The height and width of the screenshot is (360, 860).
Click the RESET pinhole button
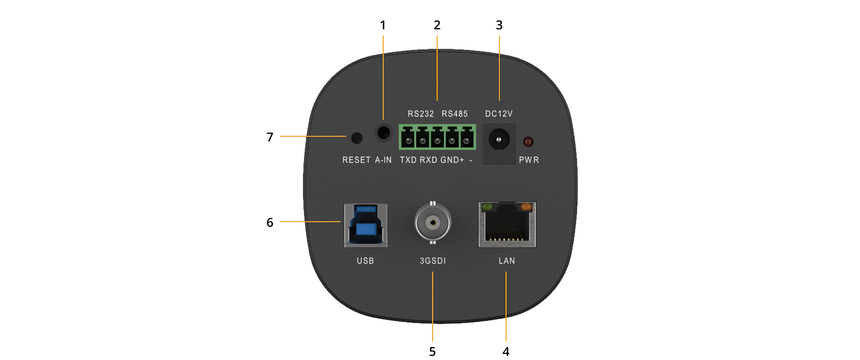pos(356,138)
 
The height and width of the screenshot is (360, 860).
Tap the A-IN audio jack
pos(383,132)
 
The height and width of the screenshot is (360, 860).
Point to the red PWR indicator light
pos(528,141)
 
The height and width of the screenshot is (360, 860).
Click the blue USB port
pos(365,224)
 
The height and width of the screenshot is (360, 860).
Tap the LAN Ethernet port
pos(507,225)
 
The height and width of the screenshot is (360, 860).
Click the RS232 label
pos(421,114)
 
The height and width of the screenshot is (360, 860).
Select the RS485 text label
pos(455,114)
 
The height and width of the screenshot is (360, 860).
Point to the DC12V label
pos(499,114)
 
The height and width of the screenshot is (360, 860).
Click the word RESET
pos(356,160)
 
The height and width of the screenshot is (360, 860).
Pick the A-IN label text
pos(383,160)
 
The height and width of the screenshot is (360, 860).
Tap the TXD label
pos(408,160)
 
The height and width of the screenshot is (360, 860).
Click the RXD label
pos(428,160)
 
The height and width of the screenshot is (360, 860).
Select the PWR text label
pos(529,160)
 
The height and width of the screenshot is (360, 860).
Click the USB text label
pos(365,261)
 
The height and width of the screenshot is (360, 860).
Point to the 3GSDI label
pos(433,261)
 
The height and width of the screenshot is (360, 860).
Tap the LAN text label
pos(507,261)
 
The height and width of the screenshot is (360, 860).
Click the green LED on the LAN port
pos(487,207)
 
